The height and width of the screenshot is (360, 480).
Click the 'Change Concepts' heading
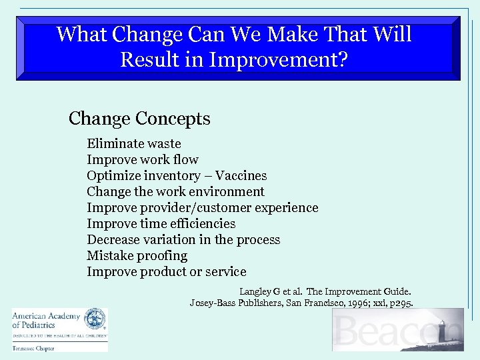tap(139, 119)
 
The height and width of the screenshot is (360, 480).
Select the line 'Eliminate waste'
tap(134, 143)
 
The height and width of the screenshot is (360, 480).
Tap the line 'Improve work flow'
tap(142, 159)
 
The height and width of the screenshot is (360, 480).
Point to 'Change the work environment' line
tap(175, 191)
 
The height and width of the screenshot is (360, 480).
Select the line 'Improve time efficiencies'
tap(161, 223)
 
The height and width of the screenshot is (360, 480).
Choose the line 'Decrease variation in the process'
tap(183, 239)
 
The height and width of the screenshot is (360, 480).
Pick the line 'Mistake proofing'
tap(137, 255)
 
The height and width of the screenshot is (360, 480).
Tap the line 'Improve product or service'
tap(166, 271)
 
